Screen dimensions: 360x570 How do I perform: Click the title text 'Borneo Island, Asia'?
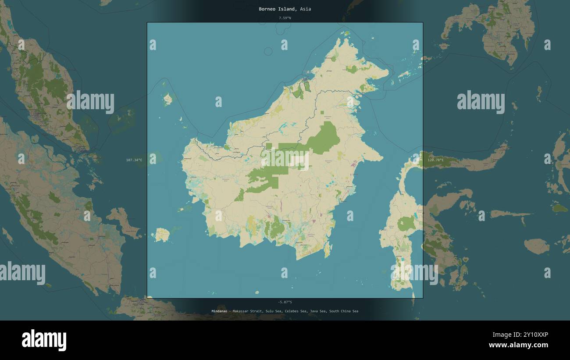(x=285, y=9)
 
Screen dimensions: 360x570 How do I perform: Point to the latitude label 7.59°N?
(x=285, y=18)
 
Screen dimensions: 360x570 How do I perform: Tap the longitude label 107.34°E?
(x=134, y=160)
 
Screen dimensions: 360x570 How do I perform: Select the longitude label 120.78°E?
(x=435, y=160)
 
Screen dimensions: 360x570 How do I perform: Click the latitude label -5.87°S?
(x=285, y=302)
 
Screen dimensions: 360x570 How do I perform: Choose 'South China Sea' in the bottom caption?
(x=344, y=311)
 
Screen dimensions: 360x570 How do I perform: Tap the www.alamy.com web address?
(x=518, y=345)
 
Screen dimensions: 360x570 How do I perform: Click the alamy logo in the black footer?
(x=44, y=340)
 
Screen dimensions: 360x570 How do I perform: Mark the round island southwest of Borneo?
(x=162, y=235)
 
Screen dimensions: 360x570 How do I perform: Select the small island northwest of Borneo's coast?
(x=167, y=100)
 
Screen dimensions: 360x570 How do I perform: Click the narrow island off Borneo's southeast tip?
(x=326, y=250)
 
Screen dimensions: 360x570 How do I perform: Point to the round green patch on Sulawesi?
(x=406, y=224)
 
